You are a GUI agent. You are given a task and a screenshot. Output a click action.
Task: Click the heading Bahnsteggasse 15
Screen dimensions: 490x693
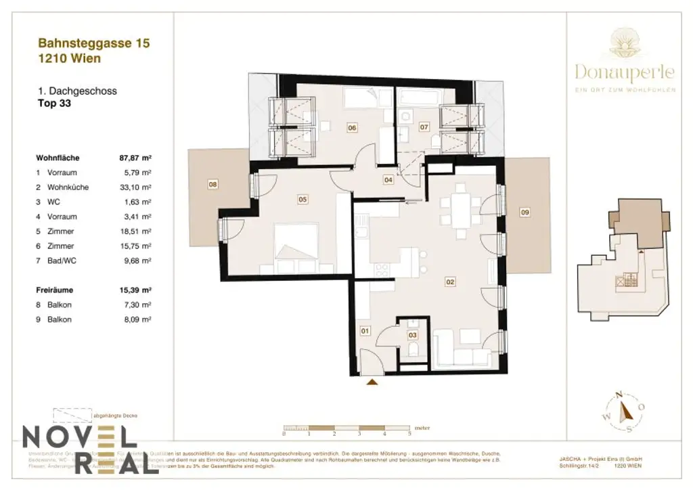pyautogui.click(x=93, y=43)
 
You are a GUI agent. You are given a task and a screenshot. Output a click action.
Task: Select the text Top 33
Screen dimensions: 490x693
pyautogui.click(x=54, y=104)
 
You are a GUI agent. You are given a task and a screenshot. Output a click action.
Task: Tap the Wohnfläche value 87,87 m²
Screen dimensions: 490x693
pyautogui.click(x=135, y=158)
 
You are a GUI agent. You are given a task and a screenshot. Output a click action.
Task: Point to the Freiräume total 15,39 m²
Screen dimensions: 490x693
pyautogui.click(x=135, y=290)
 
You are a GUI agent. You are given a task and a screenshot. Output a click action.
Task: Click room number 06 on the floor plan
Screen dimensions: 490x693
pyautogui.click(x=352, y=127)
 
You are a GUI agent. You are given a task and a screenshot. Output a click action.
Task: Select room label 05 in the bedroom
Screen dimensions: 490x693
pyautogui.click(x=303, y=199)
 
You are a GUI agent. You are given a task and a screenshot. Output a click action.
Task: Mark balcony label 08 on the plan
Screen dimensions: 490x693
pyautogui.click(x=213, y=183)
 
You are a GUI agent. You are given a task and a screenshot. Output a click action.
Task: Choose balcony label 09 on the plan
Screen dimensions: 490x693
pyautogui.click(x=524, y=213)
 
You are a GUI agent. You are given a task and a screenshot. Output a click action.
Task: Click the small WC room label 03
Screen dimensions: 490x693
pyautogui.click(x=413, y=333)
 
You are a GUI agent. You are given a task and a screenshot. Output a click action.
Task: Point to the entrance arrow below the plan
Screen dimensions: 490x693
pyautogui.click(x=372, y=383)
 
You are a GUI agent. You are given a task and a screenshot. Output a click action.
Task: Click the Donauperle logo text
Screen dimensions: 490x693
pyautogui.click(x=625, y=72)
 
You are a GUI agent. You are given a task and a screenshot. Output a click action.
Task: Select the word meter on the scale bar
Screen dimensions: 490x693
pyautogui.click(x=422, y=428)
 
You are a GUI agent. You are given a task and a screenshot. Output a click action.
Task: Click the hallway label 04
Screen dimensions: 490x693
pyautogui.click(x=388, y=180)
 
